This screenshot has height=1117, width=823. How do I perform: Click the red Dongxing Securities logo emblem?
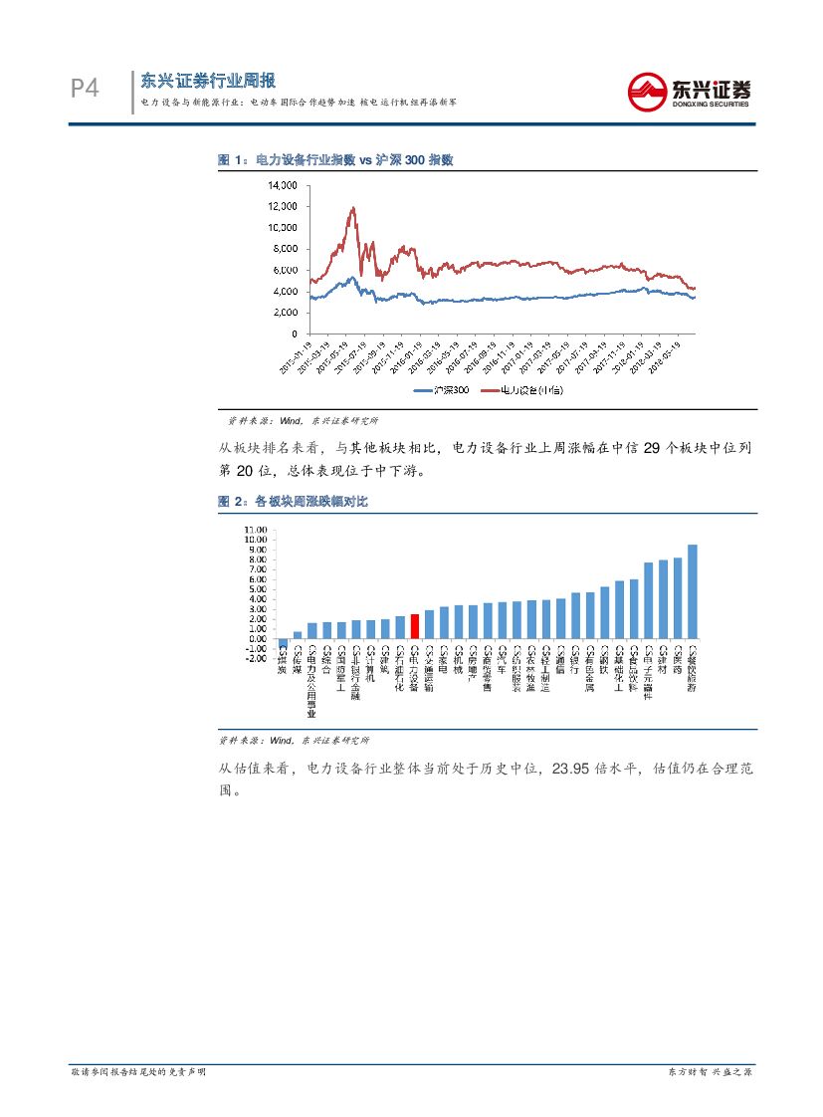(649, 92)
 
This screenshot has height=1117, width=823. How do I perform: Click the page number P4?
(85, 90)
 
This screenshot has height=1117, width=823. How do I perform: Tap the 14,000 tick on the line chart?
(283, 185)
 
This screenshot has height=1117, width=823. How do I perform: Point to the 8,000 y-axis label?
(285, 249)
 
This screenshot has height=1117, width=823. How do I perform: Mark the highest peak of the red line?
(352, 208)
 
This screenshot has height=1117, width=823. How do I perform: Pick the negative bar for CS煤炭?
(283, 643)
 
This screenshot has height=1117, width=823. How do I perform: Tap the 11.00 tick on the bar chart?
(255, 530)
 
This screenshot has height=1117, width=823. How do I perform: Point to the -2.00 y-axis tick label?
(255, 658)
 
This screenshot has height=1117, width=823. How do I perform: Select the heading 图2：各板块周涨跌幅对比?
(293, 503)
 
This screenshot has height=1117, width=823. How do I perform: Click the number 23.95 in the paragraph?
(580, 769)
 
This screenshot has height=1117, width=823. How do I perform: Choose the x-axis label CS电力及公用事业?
(311, 684)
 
